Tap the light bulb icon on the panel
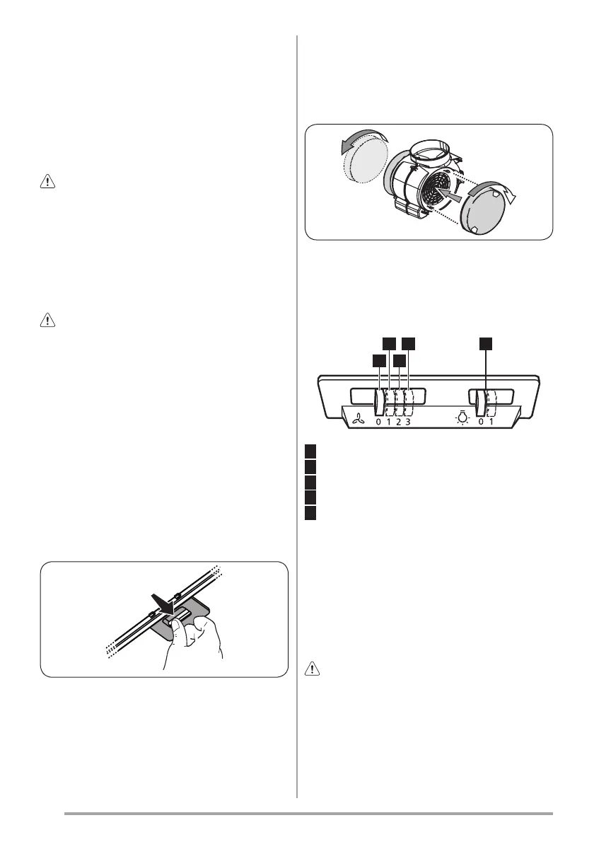click(462, 418)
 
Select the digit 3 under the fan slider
click(408, 422)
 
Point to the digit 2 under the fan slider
click(398, 422)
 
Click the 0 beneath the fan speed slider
click(378, 422)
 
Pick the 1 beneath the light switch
click(491, 422)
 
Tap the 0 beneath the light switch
click(481, 422)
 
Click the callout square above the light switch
click(485, 343)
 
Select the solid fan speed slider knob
click(379, 403)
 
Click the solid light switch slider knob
click(482, 403)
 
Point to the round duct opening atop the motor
click(426, 150)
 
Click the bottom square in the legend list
click(310, 512)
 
